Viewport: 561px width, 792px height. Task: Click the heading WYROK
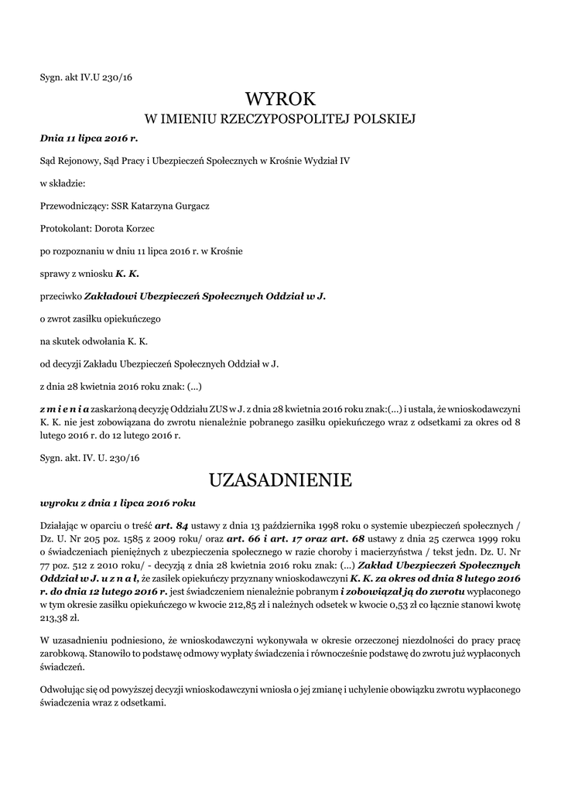click(x=280, y=98)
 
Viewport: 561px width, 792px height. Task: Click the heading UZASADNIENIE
click(x=280, y=480)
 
